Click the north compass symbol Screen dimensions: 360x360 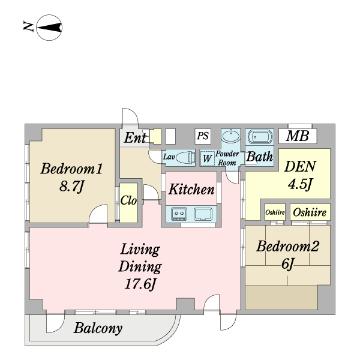[x=49, y=28]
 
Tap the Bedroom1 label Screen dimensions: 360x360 [x=71, y=169]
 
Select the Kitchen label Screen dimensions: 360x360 [x=191, y=190]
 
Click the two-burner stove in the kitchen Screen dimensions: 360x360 [x=179, y=214]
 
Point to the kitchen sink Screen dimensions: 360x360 [x=203, y=214]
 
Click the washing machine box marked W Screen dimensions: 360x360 [x=208, y=158]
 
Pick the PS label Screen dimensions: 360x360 [x=203, y=136]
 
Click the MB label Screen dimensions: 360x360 [x=298, y=136]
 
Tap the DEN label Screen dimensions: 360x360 [x=301, y=166]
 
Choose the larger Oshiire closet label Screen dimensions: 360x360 [x=310, y=212]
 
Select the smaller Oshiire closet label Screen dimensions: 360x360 [x=275, y=212]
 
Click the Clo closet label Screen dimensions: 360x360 [x=128, y=200]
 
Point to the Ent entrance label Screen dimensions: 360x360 [x=135, y=138]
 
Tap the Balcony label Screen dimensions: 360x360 [x=98, y=328]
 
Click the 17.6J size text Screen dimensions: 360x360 [x=140, y=284]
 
